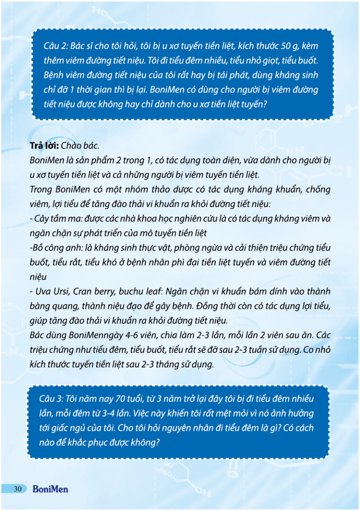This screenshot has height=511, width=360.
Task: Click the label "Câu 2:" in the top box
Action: point(54,46)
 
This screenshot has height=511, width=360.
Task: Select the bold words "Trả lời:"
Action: point(44,146)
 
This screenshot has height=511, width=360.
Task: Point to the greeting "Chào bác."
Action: point(80,146)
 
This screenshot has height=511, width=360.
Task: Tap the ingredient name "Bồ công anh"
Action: point(53,248)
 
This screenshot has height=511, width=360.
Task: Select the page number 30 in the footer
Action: point(17,489)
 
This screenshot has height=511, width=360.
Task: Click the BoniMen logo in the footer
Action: point(50,489)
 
